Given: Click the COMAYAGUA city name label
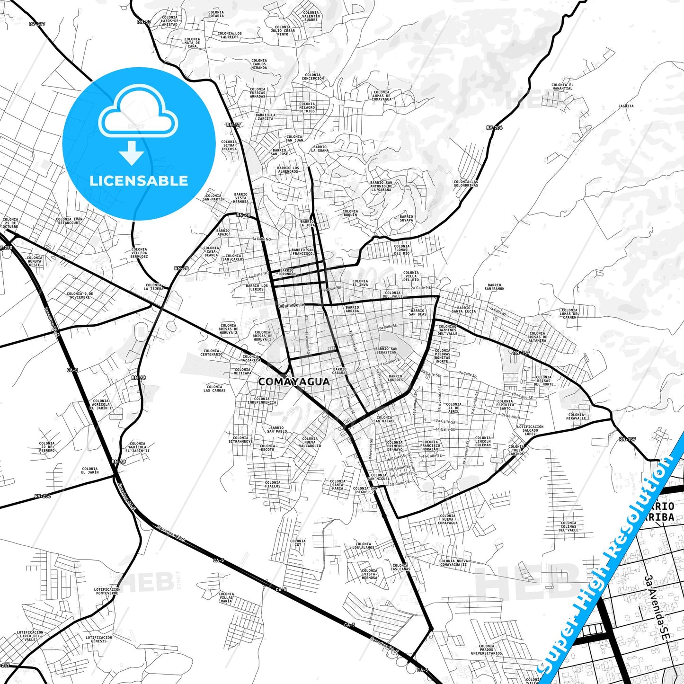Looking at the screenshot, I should click(293, 382).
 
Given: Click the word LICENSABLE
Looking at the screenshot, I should click(139, 181).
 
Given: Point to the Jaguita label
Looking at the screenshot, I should click(626, 106).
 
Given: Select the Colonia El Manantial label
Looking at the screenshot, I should click(562, 87).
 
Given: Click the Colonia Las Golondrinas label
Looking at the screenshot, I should click(466, 184).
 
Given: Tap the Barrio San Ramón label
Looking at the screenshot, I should click(494, 287).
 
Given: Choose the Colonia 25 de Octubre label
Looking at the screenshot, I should click(10, 223).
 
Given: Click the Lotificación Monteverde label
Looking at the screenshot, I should click(107, 591).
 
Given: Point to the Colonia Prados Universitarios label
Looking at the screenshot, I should click(486, 649).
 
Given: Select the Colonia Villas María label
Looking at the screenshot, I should click(226, 597).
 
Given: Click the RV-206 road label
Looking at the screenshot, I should click(494, 128).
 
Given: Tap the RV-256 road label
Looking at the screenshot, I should click(42, 496).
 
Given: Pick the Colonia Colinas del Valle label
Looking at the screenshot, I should click(569, 526).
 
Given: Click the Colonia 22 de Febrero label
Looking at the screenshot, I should click(47, 447).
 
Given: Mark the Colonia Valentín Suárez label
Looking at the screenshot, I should click(311, 16).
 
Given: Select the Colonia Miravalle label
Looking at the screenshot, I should click(576, 417).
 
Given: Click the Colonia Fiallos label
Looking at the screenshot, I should click(273, 484).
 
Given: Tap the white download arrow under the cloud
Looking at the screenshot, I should click(132, 152).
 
